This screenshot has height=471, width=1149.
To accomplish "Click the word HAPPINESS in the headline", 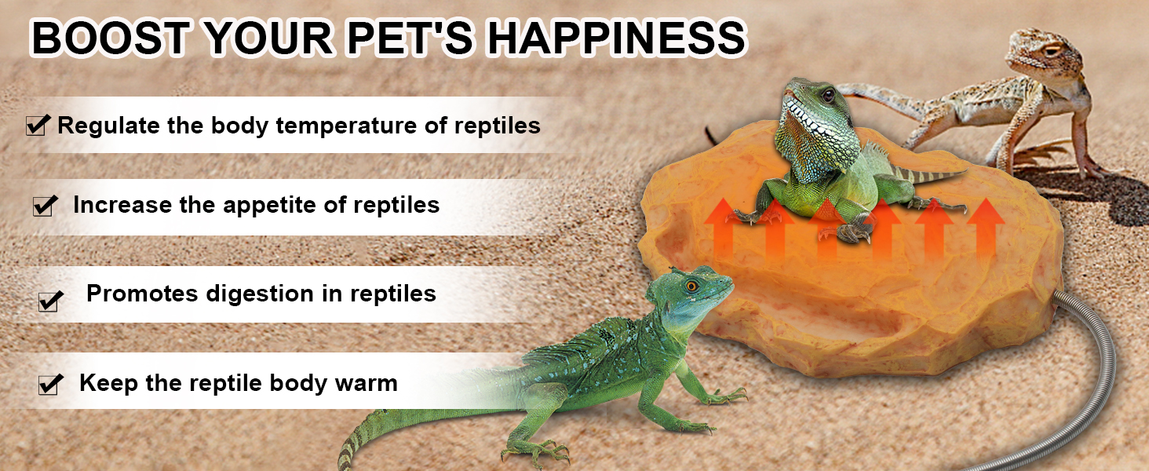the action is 615,38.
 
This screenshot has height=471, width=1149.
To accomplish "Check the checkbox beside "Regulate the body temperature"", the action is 38,125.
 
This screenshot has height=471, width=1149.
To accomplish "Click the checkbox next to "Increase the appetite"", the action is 46,205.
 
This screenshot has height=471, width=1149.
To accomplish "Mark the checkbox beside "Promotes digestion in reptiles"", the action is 51,301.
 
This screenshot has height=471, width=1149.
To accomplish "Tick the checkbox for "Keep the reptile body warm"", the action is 50,385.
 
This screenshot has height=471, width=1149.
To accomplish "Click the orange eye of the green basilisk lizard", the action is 692,285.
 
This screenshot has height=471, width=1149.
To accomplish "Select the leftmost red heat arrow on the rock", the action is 723,228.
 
